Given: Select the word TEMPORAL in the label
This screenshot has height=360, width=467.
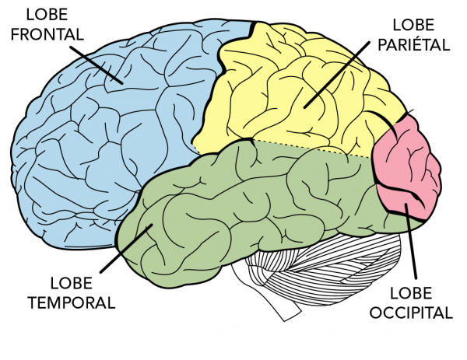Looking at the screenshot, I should pos(70,300).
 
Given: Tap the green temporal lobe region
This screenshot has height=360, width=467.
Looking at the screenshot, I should pos(233,202).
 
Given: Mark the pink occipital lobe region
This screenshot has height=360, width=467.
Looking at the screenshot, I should pos(405,163).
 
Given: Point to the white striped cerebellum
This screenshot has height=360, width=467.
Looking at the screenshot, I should pos(311,268).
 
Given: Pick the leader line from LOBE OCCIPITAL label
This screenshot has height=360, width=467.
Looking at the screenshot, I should pos(411,241).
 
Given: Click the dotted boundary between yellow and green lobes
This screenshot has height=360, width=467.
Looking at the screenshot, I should pos(311,148).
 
